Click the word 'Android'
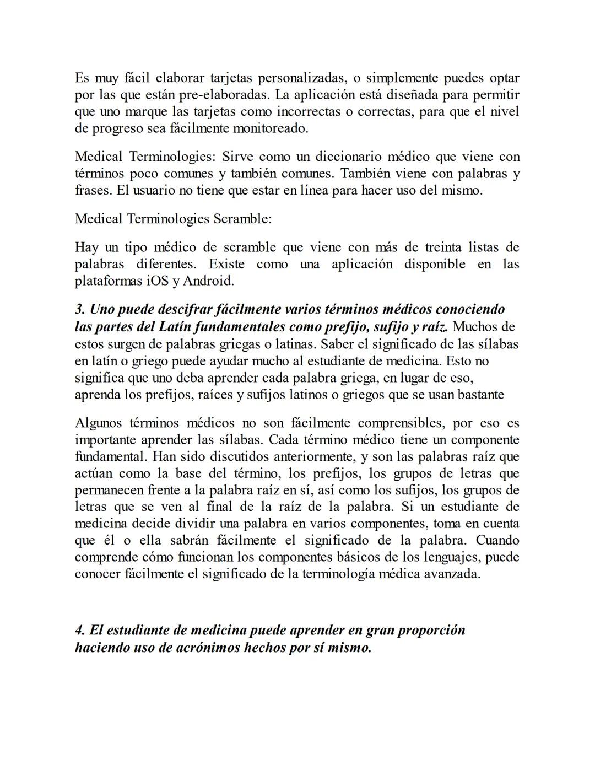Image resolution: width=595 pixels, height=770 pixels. point(207,281)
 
